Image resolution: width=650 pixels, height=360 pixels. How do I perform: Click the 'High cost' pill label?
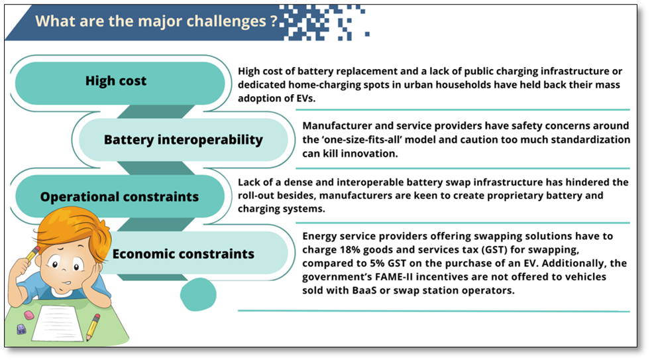pyautogui.click(x=116, y=80)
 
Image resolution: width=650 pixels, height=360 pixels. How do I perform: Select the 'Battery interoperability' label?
pyautogui.click(x=184, y=140)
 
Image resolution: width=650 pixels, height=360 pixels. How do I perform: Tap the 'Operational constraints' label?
pyautogui.click(x=119, y=197)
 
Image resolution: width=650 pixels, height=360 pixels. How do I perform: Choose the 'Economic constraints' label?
pyautogui.click(x=184, y=253)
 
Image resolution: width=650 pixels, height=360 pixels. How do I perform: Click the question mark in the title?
pyautogui.click(x=273, y=21)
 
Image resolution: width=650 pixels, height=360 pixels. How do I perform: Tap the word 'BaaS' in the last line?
pyautogui.click(x=364, y=290)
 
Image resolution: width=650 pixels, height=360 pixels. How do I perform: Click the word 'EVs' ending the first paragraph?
pyautogui.click(x=306, y=98)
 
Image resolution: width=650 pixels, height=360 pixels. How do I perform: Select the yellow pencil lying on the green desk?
pyautogui.click(x=93, y=327)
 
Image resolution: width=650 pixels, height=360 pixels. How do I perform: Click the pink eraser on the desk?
pyautogui.click(x=29, y=315)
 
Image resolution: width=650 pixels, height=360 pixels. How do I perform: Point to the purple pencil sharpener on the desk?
pyautogui.click(x=21, y=330)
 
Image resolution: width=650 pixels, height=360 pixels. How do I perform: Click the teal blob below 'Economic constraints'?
pyautogui.click(x=198, y=294)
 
